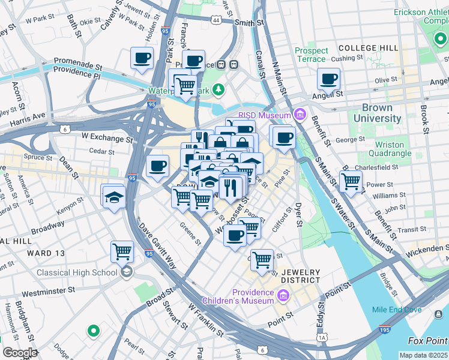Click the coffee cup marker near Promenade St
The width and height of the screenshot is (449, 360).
click(142, 59)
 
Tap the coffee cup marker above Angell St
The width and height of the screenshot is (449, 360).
click(328, 79)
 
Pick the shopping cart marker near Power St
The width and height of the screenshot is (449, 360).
click(351, 181)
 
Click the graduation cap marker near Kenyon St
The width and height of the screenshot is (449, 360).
click(113, 197)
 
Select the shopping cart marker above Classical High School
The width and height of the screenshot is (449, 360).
click(122, 252)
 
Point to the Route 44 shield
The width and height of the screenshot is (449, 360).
click(215, 20)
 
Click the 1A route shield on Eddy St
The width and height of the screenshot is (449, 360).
click(322, 338)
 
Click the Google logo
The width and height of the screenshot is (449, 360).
click(20, 353)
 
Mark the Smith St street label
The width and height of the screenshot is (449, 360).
click(250, 22)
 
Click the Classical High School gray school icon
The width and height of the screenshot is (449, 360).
click(126, 272)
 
